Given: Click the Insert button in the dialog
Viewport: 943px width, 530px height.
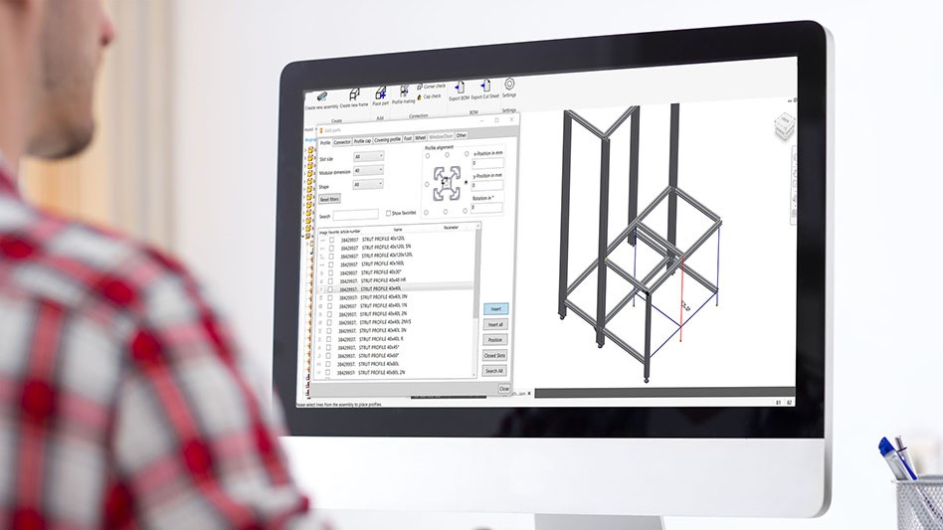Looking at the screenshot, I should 495,309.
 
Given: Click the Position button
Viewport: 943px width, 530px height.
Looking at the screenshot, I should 495,340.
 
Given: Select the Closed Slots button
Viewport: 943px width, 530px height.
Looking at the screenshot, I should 494,355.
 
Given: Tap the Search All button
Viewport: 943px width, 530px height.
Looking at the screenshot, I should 494,371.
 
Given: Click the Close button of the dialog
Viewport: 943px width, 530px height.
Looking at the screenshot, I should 504,388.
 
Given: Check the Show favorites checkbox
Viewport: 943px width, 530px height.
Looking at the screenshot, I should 388,213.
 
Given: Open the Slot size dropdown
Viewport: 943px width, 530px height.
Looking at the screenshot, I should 368,157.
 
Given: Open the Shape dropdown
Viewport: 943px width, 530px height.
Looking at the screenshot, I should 368,184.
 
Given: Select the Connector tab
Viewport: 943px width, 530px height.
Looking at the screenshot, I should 342,142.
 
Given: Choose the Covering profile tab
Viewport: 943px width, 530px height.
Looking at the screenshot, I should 387,140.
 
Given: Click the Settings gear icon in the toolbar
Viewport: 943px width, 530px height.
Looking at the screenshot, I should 509,86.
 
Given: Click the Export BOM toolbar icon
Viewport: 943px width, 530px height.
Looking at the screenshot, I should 459,88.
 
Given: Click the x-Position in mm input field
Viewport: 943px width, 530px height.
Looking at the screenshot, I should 486,162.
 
